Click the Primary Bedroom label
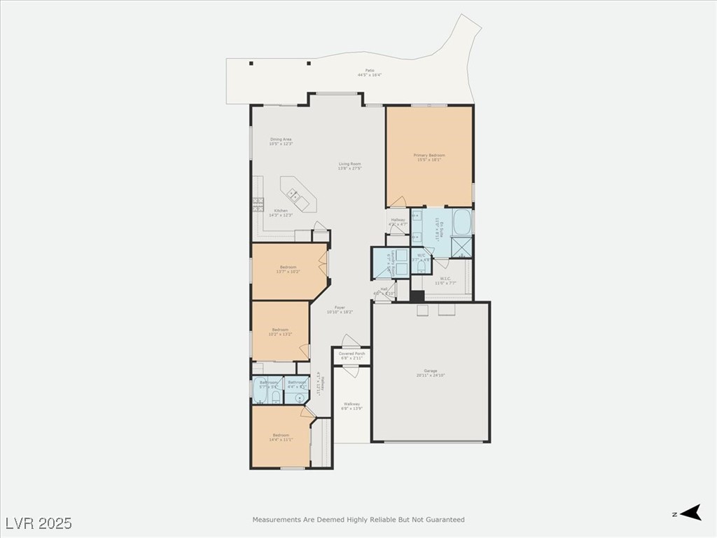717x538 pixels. click(429, 156)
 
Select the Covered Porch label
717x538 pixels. click(352, 354)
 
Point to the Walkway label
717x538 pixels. click(351, 404)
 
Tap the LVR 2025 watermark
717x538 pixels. click(39, 523)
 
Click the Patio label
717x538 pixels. click(369, 71)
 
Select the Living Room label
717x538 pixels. click(349, 164)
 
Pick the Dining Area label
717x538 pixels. click(281, 139)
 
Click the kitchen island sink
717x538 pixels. click(295, 197)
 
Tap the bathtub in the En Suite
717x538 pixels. click(461, 221)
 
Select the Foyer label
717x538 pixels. click(340, 308)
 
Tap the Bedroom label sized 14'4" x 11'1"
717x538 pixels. click(281, 436)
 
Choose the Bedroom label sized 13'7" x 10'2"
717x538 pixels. click(288, 267)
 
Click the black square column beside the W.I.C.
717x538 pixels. click(417, 296)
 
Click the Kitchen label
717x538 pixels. click(281, 211)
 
